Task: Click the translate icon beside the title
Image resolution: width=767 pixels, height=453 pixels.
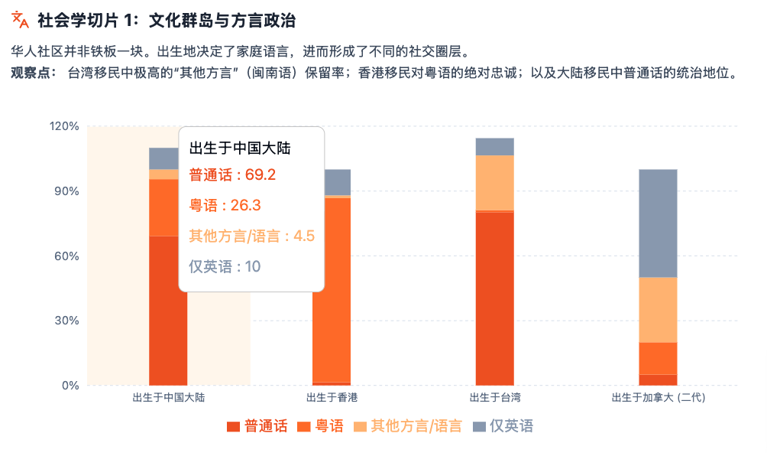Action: tap(21, 21)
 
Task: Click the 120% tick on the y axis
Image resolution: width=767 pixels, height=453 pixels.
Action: tap(64, 126)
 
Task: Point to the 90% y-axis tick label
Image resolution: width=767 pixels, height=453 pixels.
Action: tap(66, 191)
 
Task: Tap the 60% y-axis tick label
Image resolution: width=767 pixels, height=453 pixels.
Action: tap(66, 256)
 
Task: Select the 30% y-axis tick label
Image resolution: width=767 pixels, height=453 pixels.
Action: tap(66, 321)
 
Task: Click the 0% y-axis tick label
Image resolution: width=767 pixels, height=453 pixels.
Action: tap(70, 385)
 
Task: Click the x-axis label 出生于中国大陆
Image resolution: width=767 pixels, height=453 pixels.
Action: tap(168, 398)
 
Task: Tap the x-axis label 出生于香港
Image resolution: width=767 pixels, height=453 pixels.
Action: tap(332, 398)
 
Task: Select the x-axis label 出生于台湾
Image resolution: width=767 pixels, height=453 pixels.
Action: tap(494, 398)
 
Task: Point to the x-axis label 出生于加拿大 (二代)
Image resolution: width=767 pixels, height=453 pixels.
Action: tap(658, 398)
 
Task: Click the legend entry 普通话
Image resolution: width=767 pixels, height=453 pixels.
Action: tap(257, 426)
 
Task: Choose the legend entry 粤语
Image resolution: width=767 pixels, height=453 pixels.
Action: tap(321, 426)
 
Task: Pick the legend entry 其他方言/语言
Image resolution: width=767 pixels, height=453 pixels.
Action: tap(409, 426)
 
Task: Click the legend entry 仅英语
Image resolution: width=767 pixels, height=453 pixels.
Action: tap(503, 426)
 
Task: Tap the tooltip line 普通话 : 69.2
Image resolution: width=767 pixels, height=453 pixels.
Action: tap(232, 174)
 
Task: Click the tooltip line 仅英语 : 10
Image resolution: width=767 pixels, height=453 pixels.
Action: tap(225, 266)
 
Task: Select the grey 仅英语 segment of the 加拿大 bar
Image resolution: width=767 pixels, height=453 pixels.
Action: tap(658, 223)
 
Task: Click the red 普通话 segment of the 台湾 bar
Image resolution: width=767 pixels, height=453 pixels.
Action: tap(494, 298)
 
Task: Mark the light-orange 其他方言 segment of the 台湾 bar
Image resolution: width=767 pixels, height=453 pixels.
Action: tap(494, 182)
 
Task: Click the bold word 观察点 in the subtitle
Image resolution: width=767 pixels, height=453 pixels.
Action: tap(33, 73)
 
